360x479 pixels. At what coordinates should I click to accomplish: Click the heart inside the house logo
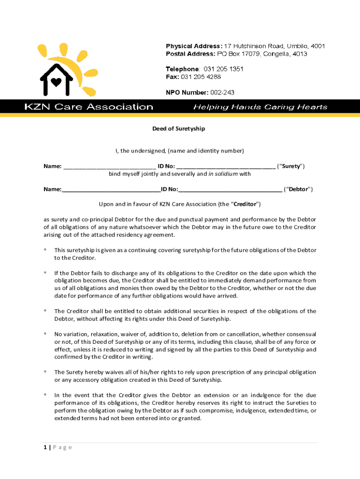56,82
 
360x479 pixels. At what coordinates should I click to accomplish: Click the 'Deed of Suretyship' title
180,128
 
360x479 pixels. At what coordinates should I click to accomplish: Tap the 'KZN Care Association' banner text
89,107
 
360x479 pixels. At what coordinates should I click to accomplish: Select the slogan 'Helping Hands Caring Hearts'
260,107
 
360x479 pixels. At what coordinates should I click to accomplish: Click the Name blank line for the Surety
109,167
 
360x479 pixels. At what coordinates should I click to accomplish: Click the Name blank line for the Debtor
111,189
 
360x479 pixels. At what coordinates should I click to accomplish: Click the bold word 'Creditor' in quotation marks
245,204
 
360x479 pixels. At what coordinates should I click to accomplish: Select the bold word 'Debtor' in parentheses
298,189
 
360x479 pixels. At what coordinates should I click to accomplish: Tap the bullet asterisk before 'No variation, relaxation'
45,334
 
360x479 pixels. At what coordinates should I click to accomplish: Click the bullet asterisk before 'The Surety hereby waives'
45,372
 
